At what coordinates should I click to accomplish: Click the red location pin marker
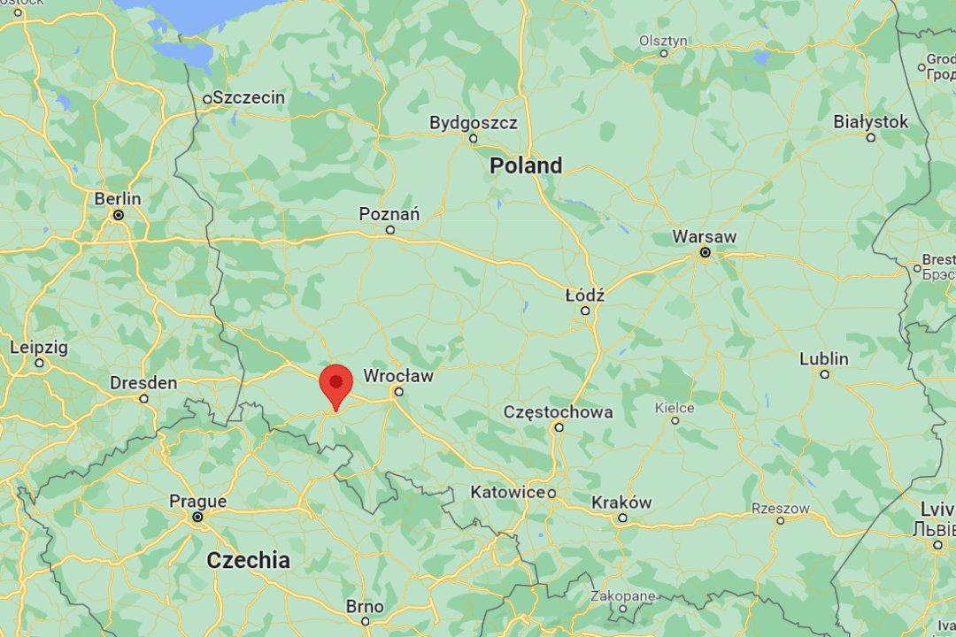(x=335, y=385)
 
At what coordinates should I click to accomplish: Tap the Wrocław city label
(x=398, y=376)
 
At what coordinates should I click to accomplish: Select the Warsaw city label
(x=704, y=236)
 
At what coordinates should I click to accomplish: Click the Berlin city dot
(x=118, y=215)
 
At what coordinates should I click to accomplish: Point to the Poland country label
(x=526, y=165)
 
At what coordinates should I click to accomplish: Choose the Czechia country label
(x=248, y=560)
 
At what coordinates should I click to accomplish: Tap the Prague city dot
(x=197, y=517)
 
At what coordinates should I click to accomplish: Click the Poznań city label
(x=389, y=214)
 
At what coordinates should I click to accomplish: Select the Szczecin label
(x=249, y=97)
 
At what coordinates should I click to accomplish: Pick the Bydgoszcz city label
(x=474, y=123)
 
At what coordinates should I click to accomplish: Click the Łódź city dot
(x=585, y=311)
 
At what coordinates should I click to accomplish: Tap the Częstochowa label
(x=558, y=412)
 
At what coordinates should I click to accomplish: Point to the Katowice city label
(x=507, y=492)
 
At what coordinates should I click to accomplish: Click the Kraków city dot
(x=622, y=518)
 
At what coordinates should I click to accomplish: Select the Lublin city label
(x=824, y=359)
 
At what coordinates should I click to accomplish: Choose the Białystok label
(x=871, y=122)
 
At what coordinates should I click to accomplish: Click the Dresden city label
(x=143, y=383)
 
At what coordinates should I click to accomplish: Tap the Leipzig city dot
(x=39, y=363)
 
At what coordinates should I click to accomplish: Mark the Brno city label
(x=365, y=607)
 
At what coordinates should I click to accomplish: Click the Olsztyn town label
(x=663, y=41)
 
